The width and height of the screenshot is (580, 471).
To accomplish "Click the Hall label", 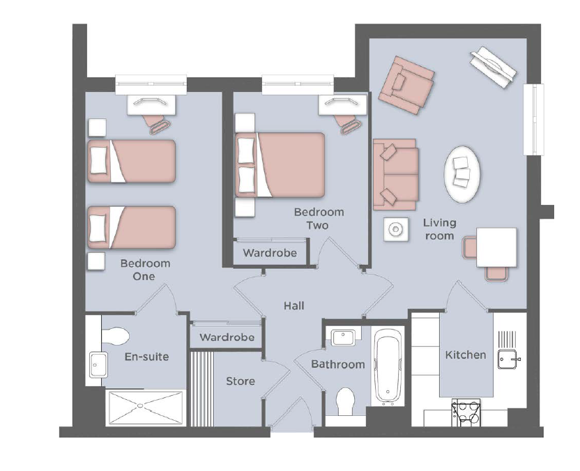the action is tap(294, 306).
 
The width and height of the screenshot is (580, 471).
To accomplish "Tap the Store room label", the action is tap(241, 381).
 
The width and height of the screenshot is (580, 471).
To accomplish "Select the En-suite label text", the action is tap(147, 357).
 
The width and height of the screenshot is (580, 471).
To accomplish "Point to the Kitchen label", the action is tap(466, 355).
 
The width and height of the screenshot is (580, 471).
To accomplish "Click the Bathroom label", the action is tap(338, 364).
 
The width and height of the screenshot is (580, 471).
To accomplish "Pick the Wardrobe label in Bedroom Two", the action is tap(270, 253).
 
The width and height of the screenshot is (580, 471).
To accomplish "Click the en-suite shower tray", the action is tap(144, 407).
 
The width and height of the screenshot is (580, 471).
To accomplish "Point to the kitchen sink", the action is tap(507, 359).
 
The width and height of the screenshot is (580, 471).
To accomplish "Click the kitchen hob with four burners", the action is tap(466, 412).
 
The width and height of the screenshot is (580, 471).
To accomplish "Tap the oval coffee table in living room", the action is tap(462, 174).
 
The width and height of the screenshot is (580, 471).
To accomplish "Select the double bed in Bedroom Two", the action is tap(280, 165).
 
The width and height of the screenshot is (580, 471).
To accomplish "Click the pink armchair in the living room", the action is tap(406, 85).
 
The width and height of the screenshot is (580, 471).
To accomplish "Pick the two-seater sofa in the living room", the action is tap(395, 174).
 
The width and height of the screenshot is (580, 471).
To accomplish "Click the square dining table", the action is tap(496, 247).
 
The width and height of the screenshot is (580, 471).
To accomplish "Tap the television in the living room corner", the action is tap(493, 67).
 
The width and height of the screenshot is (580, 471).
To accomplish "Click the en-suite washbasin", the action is tap(98, 364).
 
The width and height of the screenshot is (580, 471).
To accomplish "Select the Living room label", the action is tap(439, 229).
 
